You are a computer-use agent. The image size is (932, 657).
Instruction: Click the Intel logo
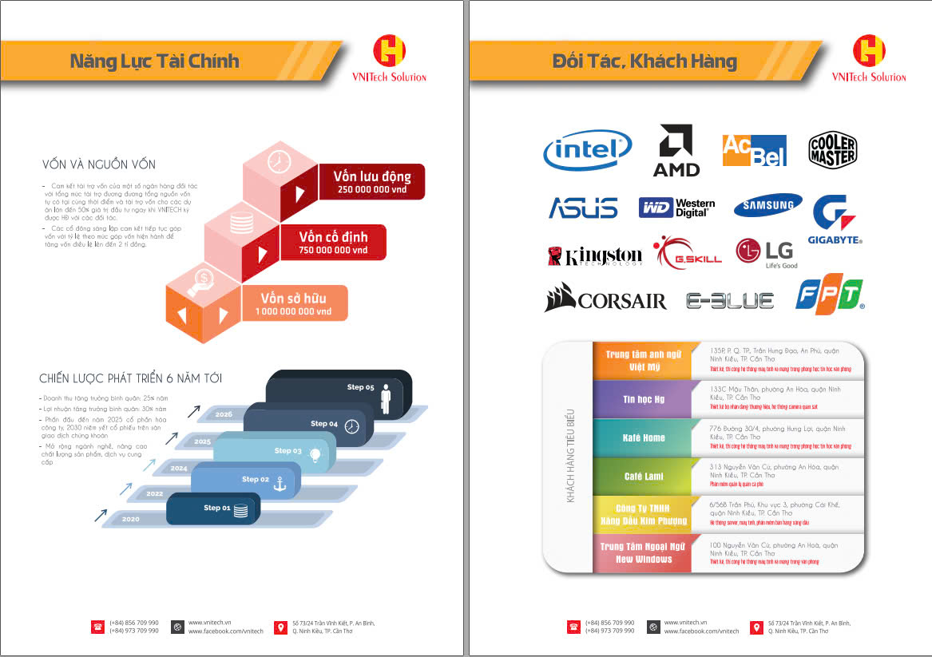pyautogui.click(x=588, y=150)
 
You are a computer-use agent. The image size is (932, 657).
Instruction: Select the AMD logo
pyautogui.click(x=676, y=150)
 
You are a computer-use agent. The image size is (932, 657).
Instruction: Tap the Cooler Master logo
pyautogui.click(x=832, y=149)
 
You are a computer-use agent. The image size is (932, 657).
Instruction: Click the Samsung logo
pyautogui.click(x=767, y=205)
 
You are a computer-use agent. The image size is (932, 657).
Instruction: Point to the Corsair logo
pyautogui.click(x=605, y=299)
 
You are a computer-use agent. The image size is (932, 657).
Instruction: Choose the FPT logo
pyautogui.click(x=830, y=296)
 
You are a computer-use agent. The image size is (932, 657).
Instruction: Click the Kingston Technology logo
pyautogui.click(x=594, y=255)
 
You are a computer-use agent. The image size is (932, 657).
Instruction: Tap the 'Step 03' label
pyautogui.click(x=288, y=451)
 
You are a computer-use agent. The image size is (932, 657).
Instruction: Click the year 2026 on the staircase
pyautogui.click(x=224, y=414)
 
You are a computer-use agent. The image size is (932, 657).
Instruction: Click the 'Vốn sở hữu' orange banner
pyautogui.click(x=295, y=304)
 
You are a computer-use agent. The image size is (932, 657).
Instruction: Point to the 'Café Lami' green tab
pyautogui.click(x=644, y=477)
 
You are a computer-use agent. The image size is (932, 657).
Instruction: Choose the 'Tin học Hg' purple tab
pyautogui.click(x=644, y=399)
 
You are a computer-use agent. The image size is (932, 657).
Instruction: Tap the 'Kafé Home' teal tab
pyautogui.click(x=644, y=437)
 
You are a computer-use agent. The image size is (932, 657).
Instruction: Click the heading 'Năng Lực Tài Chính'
pyautogui.click(x=154, y=61)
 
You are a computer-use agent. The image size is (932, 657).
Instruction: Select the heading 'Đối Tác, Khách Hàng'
pyautogui.click(x=644, y=61)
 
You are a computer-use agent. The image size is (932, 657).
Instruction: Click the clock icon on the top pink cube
pyautogui.click(x=279, y=160)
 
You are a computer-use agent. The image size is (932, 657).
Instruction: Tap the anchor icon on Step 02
pyautogui.click(x=280, y=483)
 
